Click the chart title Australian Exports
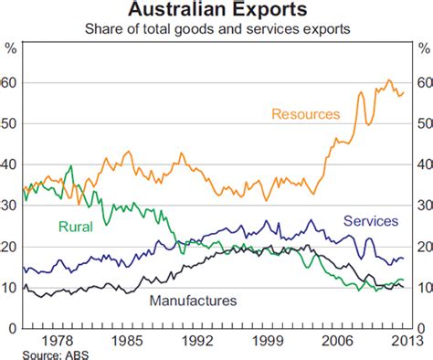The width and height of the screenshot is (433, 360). [216, 10]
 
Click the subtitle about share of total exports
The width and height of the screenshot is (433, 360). [216, 29]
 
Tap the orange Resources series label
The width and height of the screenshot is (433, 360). [306, 114]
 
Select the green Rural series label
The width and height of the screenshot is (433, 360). [78, 228]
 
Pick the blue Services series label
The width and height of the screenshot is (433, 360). [370, 221]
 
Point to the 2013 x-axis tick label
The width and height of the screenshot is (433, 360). [396, 341]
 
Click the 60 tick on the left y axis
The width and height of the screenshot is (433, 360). [11, 82]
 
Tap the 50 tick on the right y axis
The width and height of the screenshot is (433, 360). [422, 123]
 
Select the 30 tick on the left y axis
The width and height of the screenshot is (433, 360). [11, 206]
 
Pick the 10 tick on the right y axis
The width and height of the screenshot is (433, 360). [422, 288]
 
